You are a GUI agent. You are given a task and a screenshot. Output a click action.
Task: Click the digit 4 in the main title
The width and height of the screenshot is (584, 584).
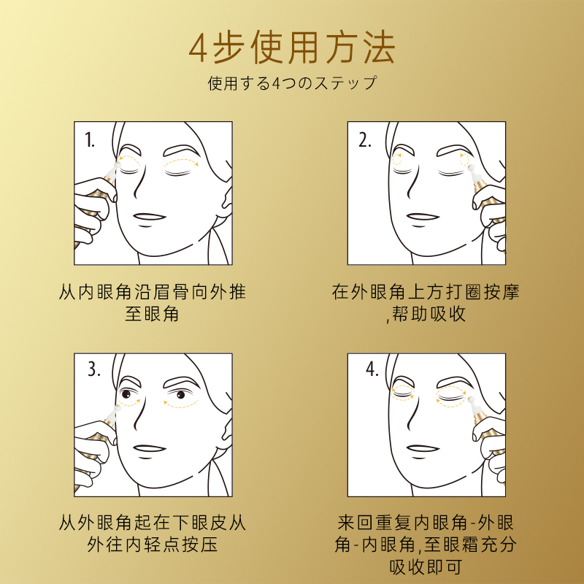198,49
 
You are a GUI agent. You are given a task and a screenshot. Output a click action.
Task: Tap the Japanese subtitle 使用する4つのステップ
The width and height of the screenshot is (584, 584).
293,83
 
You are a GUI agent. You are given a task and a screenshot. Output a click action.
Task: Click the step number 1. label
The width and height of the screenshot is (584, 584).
90,140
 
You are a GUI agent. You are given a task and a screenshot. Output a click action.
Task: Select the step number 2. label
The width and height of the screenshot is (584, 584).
364,140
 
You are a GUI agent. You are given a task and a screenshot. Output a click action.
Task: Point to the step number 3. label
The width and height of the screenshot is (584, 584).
94,369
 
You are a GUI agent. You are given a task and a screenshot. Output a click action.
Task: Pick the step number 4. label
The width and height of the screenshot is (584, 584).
372,369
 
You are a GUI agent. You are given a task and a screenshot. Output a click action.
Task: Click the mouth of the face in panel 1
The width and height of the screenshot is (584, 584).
149,218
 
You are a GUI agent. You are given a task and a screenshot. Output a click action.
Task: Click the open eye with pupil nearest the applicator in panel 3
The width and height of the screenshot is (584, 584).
126,393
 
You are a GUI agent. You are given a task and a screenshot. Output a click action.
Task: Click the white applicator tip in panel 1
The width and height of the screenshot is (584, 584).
116,167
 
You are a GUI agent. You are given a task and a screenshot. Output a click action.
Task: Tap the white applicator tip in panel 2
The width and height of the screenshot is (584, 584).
473,172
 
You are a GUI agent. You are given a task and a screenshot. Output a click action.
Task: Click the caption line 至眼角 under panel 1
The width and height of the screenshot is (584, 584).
152,314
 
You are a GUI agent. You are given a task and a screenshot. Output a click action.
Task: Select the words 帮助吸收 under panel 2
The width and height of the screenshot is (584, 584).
429,314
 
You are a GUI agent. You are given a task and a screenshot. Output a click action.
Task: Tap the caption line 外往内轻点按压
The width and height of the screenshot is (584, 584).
153,545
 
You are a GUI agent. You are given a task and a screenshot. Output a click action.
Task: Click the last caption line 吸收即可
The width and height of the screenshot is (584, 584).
426,567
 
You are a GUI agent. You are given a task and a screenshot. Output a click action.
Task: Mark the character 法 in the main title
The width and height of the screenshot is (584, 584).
379,48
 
